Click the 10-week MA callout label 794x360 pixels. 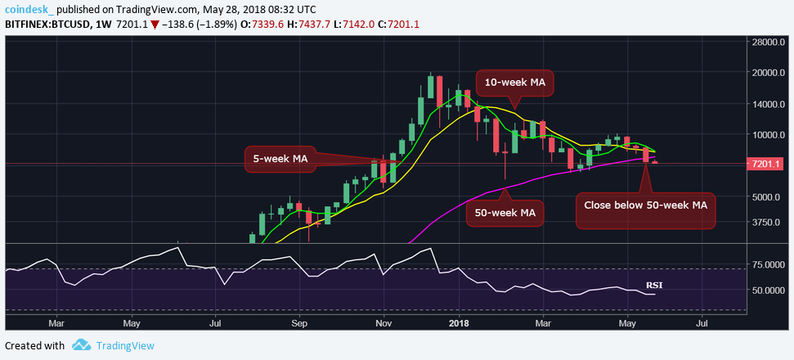tap(514, 83)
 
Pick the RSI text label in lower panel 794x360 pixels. tap(654, 286)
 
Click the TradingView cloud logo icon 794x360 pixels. tap(79, 345)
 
